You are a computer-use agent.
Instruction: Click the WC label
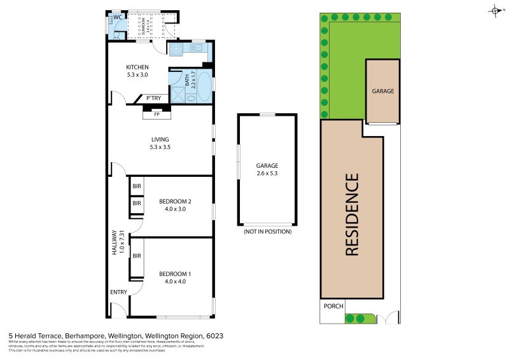117,17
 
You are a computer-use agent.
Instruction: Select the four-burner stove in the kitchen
176,48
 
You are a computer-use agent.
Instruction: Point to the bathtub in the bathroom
204,86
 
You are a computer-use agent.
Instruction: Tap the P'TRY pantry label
153,99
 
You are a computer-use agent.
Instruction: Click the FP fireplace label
157,114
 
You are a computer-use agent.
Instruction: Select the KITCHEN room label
137,67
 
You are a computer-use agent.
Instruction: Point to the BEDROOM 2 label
175,201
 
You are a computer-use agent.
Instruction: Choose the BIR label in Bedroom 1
137,256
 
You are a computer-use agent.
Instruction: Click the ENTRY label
118,292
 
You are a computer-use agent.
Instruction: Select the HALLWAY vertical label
115,242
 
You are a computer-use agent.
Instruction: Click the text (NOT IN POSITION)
267,232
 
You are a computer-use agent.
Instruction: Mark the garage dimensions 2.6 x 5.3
267,173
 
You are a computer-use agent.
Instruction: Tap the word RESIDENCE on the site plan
352,214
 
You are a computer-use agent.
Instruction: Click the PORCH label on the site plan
333,306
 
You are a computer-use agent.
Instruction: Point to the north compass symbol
495,10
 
